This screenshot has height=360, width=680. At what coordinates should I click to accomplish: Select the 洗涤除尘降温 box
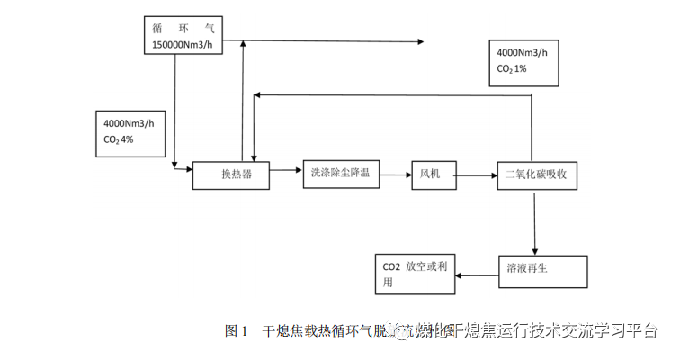tap(341, 174)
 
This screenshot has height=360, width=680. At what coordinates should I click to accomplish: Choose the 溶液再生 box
tap(542, 268)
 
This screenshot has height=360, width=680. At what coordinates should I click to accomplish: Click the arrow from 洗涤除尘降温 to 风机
tap(395, 172)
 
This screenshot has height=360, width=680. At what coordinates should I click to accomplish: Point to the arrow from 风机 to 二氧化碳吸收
tap(476, 173)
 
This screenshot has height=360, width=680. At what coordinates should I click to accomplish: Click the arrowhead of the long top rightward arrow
tap(419, 41)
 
